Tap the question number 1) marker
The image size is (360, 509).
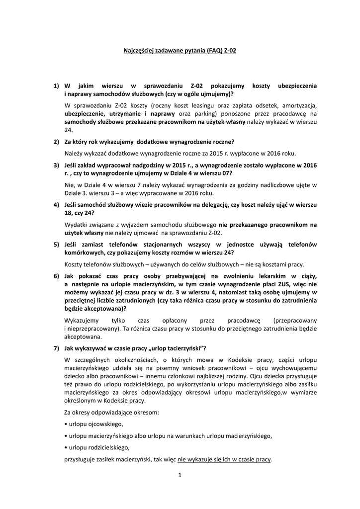(56, 86)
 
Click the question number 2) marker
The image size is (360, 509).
(56, 142)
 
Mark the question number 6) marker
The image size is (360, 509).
(56, 275)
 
